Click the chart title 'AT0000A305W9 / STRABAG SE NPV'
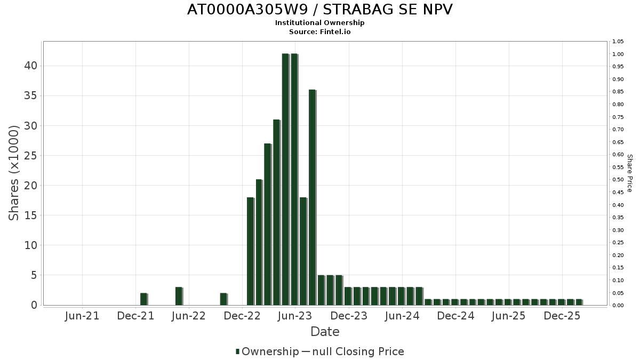[x=320, y=10]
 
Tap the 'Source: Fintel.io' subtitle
[x=320, y=32]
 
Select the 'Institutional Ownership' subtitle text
[x=320, y=23]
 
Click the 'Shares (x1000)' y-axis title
[x=14, y=173]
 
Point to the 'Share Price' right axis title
[x=629, y=173]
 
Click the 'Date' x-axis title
[x=325, y=332]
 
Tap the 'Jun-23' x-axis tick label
[x=295, y=316]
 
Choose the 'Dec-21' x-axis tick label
[x=135, y=316]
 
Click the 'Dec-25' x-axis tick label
[x=562, y=316]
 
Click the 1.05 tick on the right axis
[x=618, y=42]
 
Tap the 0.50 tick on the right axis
[x=618, y=180]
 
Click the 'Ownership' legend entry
[x=267, y=351]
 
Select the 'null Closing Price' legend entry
[x=353, y=351]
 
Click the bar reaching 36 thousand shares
[x=312, y=197]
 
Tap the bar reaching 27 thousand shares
[x=268, y=224]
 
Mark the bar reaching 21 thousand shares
[x=259, y=242]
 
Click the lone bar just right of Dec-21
[x=143, y=299]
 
